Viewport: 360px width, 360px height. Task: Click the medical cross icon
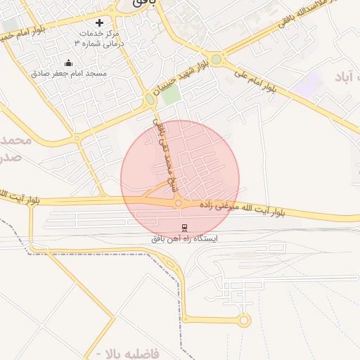click(x=109, y=22)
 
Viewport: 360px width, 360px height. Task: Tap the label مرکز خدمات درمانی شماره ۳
click(x=99, y=38)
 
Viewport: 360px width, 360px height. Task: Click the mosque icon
click(x=68, y=63)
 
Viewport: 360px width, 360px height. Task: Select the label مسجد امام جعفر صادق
click(x=68, y=73)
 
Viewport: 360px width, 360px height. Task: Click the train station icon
click(x=184, y=226)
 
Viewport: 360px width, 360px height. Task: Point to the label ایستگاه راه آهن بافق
click(x=185, y=238)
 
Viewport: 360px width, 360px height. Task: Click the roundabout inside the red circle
click(x=179, y=203)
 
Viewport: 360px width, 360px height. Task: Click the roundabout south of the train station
click(x=244, y=321)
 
